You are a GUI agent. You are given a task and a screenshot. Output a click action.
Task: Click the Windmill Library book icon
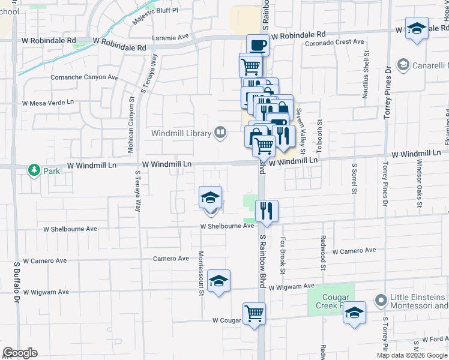[x=221, y=133]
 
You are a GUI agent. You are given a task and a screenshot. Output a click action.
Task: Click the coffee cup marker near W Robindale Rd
[x=258, y=45]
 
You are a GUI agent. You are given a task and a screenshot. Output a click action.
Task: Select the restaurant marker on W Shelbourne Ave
[x=267, y=211]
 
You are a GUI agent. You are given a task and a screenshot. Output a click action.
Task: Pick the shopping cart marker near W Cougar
[x=254, y=313]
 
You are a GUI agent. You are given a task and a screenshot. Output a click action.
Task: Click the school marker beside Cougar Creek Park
[x=355, y=312]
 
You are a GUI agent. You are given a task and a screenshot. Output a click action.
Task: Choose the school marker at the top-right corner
[x=417, y=29]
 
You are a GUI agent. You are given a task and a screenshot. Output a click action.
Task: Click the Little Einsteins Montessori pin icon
[x=380, y=299]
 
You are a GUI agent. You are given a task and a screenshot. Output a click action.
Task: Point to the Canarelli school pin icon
[x=403, y=65]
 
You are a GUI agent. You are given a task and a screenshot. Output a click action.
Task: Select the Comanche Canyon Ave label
[x=84, y=77]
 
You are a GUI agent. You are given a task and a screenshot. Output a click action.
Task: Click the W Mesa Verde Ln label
[x=47, y=103]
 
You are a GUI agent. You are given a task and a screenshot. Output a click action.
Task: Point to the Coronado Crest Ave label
[x=334, y=42]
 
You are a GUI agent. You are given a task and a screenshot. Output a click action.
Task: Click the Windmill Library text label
[x=181, y=133]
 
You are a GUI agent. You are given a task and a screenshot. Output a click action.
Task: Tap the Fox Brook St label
[x=282, y=255]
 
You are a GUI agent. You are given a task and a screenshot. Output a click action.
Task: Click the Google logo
[x=20, y=353]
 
